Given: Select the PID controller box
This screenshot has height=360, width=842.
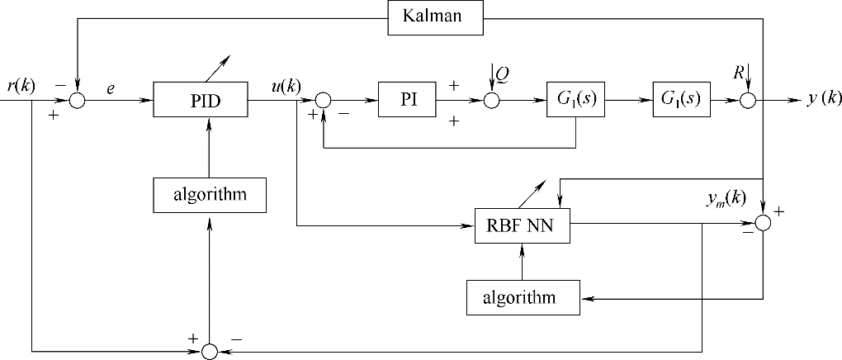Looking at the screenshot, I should click(201, 100).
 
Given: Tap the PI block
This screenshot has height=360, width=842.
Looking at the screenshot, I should click(407, 100).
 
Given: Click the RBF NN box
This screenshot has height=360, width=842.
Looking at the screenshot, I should click(523, 225).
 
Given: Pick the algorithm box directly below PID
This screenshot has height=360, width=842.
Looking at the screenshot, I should click(210, 195).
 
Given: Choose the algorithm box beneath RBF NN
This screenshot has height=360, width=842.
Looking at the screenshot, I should click(522, 296).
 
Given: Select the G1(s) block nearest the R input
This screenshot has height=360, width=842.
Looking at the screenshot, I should click(681, 100).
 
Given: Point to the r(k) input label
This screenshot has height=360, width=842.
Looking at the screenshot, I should click(20, 86).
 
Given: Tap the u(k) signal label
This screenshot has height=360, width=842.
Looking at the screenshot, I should click(286, 86).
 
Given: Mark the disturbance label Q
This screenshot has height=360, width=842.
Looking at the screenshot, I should click(503, 74).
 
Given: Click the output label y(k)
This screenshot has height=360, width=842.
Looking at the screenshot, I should click(824, 99).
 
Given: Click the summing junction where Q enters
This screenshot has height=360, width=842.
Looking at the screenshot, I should click(492, 100).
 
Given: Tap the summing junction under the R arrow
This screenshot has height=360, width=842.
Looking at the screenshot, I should click(747, 100).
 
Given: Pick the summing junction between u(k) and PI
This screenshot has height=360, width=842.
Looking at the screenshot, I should click(323, 100).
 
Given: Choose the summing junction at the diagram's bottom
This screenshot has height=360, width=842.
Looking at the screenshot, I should click(210, 352).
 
